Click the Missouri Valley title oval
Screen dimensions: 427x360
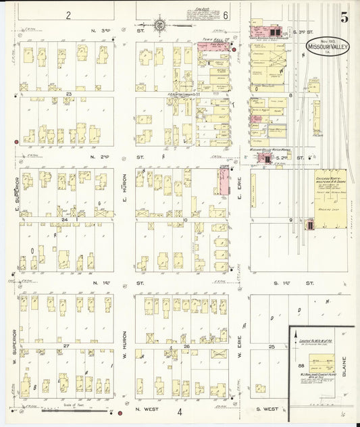(328, 47)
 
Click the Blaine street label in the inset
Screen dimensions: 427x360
(344, 368)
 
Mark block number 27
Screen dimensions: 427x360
(66, 346)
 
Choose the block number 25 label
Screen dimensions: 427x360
(272, 346)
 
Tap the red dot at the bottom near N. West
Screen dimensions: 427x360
(120, 413)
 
